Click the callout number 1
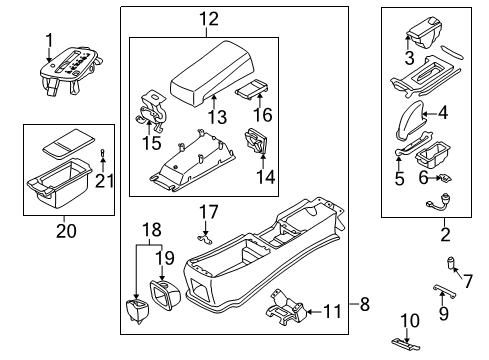coord(49,41)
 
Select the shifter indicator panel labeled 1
coord(71,69)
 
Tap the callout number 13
coord(217,117)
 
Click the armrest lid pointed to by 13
coord(212,73)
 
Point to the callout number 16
coord(263,114)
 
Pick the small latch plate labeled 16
coord(252,88)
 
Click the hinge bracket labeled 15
coord(151,109)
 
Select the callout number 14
coord(266,177)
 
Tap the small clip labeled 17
coord(205,238)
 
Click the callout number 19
coord(165,257)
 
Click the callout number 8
coord(365,304)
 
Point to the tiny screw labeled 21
coord(103,153)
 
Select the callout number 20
coord(66,231)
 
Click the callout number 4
coord(443,113)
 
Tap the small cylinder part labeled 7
coord(452,263)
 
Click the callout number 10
coord(410,321)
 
